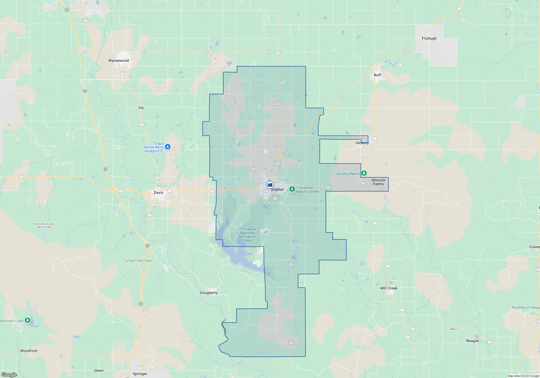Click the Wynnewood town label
tap(119, 60)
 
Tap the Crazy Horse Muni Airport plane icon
tap(168, 147)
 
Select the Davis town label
tap(158, 193)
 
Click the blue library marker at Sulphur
tap(270, 185)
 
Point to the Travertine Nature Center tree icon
tap(292, 189)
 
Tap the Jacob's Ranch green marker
tap(364, 173)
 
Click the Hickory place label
tap(362, 143)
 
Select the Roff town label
tap(377, 75)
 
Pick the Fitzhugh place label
tap(429, 38)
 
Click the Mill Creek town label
tap(389, 288)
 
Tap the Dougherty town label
tap(209, 293)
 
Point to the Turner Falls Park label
tap(137, 261)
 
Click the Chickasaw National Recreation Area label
tap(247, 235)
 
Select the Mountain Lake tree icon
tap(28, 320)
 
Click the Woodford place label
tap(29, 351)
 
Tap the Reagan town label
tap(473, 341)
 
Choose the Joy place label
tap(141, 107)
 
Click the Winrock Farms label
tap(378, 182)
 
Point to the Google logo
tap(9, 374)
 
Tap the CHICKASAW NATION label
tap(44, 225)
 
